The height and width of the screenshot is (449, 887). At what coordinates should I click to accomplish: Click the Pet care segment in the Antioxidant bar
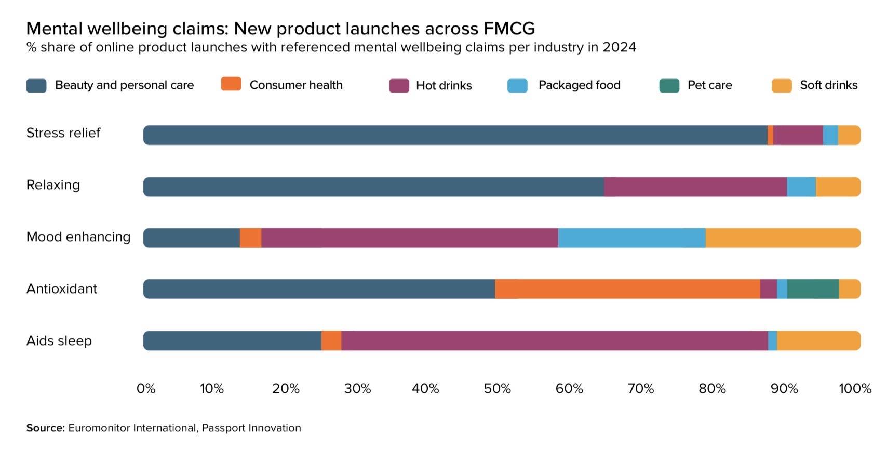813,289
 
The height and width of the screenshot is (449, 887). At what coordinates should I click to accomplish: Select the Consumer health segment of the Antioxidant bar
627,289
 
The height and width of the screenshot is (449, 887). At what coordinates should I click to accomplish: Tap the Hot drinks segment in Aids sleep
555,341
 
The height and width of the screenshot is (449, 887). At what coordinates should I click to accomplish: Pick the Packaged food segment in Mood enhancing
631,238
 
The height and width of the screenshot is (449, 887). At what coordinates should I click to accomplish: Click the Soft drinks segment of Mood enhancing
783,238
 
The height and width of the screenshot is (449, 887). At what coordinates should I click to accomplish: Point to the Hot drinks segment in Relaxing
695,187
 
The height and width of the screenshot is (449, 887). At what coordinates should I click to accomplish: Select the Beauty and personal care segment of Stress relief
455,135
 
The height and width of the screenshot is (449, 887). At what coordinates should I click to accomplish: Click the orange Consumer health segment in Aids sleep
331,341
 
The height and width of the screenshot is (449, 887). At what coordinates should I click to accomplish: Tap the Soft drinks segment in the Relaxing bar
838,187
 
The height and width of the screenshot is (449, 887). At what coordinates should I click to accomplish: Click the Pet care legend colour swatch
669,86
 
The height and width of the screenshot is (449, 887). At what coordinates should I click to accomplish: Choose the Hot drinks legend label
443,86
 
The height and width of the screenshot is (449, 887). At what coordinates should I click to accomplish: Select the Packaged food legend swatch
517,86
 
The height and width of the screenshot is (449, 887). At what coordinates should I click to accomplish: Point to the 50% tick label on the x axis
497,389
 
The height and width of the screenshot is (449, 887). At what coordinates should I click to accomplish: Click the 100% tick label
854,389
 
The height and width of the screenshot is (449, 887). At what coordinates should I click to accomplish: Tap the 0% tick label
146,389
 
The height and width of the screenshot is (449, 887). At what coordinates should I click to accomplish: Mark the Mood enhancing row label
78,237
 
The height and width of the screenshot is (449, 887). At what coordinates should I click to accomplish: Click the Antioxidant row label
62,289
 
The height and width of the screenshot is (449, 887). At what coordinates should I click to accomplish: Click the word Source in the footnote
45,428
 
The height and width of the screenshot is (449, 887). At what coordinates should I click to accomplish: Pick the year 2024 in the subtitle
619,47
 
